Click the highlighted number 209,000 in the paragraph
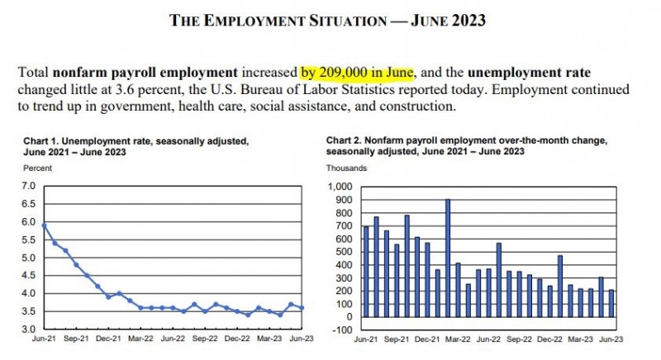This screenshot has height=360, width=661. click(x=343, y=73)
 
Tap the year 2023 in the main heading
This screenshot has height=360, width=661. click(x=468, y=20)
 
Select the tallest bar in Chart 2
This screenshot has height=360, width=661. click(x=448, y=258)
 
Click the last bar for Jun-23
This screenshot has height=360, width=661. click(x=611, y=303)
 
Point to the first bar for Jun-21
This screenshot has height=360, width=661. click(x=366, y=272)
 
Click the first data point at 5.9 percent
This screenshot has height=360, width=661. click(x=45, y=225)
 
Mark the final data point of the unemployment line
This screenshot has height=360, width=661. click(x=302, y=308)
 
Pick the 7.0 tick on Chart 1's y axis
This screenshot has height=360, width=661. click(x=29, y=186)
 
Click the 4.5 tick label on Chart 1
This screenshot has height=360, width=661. click(x=29, y=276)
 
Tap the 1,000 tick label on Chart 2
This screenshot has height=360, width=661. click(x=340, y=187)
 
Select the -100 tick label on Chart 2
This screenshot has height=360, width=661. click(x=342, y=330)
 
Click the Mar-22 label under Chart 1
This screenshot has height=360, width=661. click(x=140, y=339)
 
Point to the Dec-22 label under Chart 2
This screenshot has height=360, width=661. click(x=549, y=339)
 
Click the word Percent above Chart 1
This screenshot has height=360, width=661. click(x=37, y=168)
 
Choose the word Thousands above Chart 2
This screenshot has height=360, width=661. click(x=346, y=168)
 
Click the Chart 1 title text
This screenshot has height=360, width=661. click(x=136, y=146)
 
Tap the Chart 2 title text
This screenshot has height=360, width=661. click(x=467, y=145)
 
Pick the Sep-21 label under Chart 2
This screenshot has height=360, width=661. click(x=397, y=339)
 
